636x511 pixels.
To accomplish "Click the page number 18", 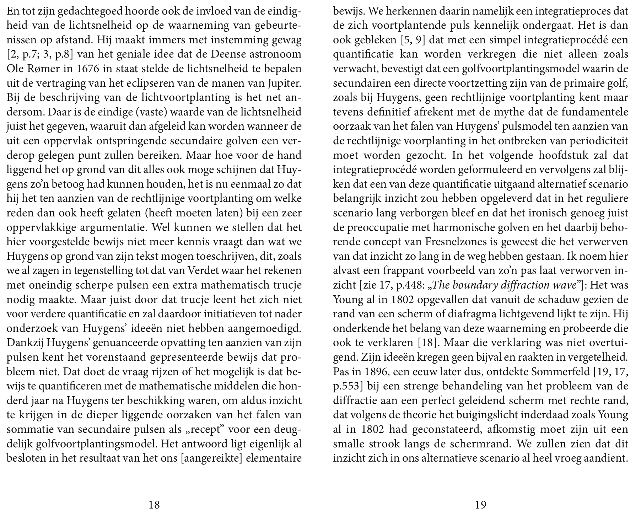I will [x=154, y=505].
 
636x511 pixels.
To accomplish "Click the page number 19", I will [x=480, y=505].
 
